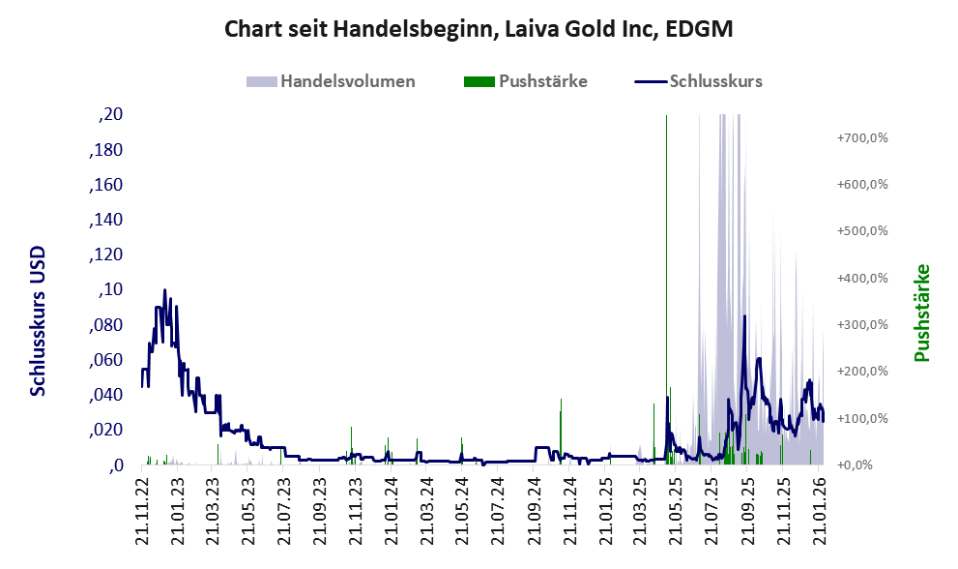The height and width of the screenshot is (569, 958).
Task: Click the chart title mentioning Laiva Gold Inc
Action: [x=479, y=29]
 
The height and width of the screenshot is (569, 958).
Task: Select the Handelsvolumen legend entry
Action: [x=348, y=81]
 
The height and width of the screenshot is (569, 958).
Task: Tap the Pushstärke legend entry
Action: [x=542, y=81]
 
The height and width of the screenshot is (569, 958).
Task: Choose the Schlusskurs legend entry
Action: [x=715, y=81]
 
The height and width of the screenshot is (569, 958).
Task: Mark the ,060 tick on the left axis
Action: [x=105, y=360]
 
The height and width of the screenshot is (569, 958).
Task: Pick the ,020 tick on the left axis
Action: [x=105, y=430]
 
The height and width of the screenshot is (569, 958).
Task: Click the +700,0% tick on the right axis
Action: [x=862, y=138]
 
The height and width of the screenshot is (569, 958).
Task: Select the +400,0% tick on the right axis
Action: [x=862, y=279]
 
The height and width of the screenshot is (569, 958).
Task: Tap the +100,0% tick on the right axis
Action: [x=862, y=419]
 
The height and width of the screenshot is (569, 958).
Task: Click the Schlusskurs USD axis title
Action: [x=39, y=320]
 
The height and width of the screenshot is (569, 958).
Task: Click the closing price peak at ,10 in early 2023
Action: [x=164, y=290]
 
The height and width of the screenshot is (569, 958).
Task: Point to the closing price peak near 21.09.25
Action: [x=743, y=316]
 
